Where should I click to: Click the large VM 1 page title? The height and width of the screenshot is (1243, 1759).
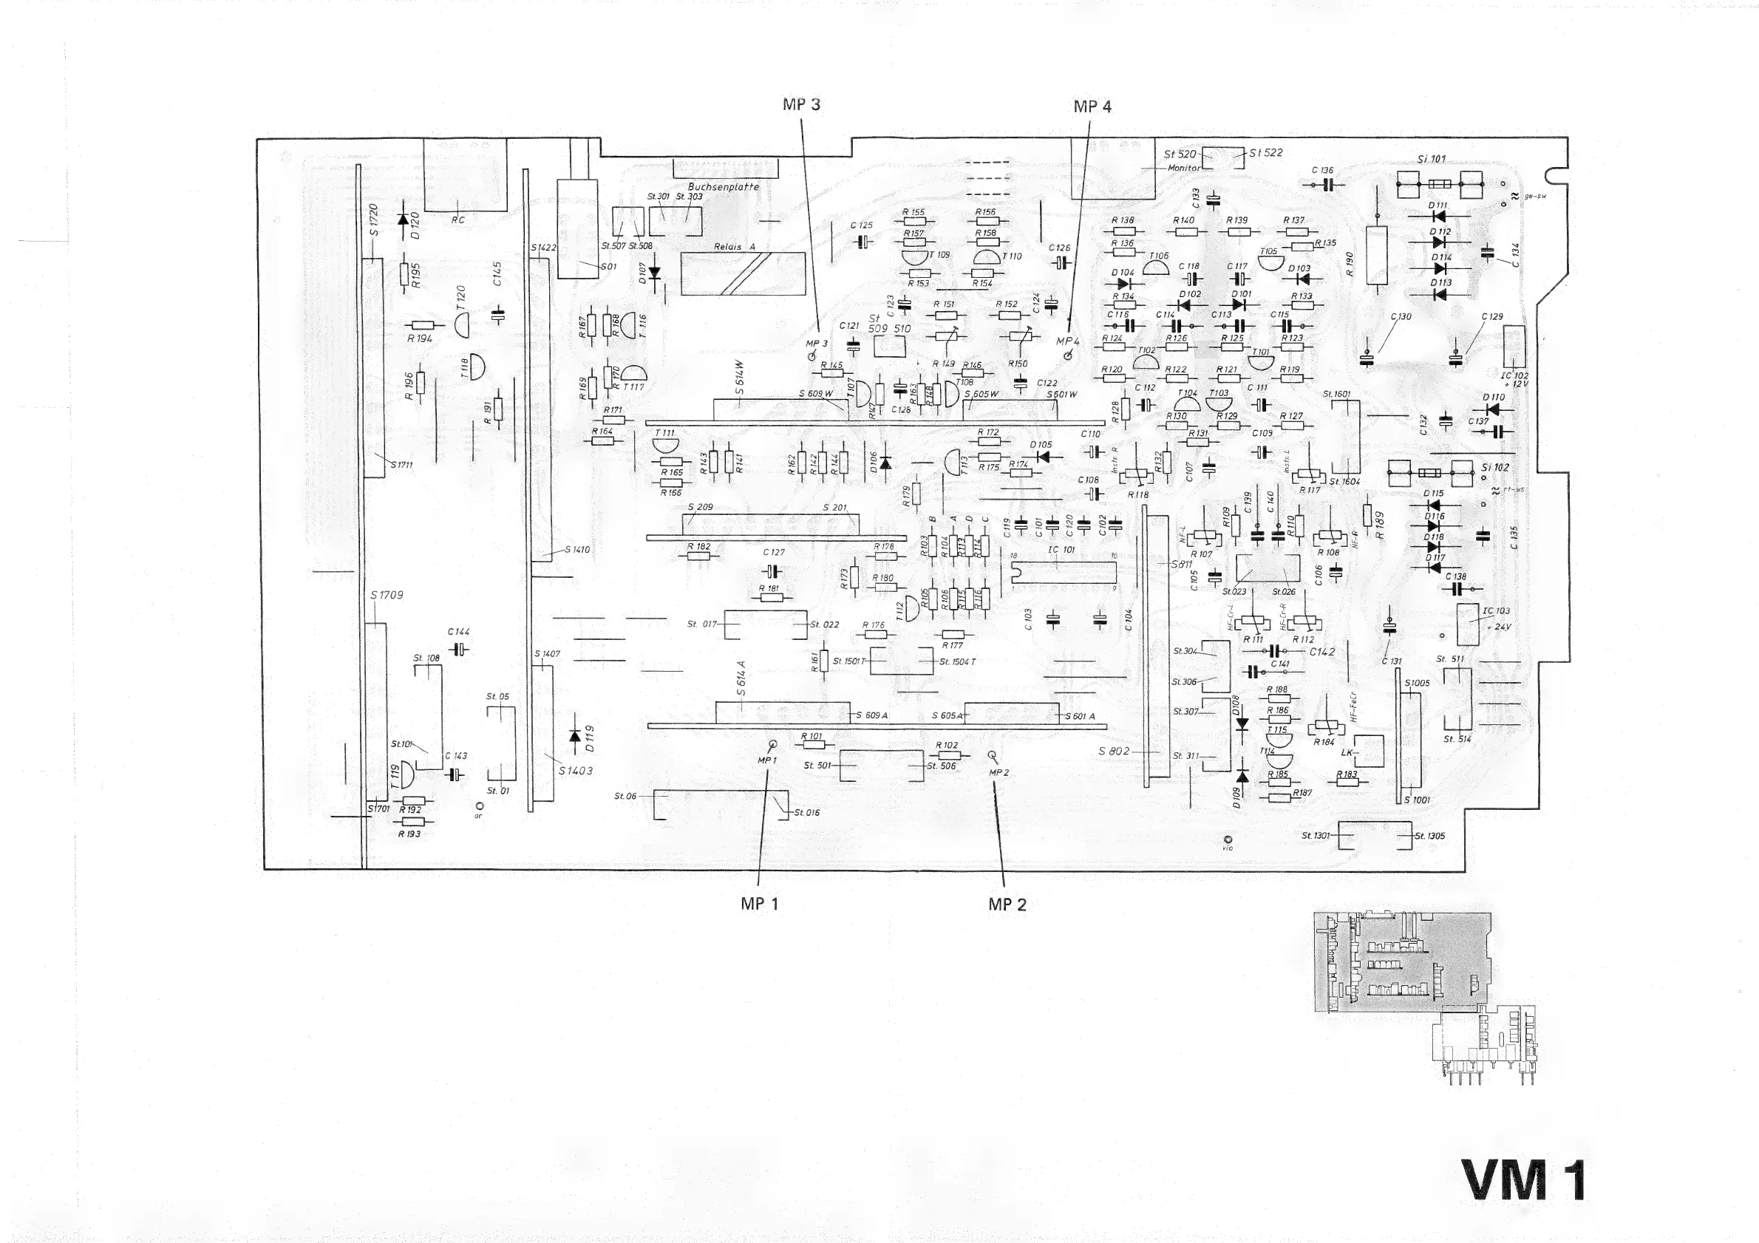coord(1523,1180)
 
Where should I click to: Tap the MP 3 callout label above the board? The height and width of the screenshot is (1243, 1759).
coord(801,105)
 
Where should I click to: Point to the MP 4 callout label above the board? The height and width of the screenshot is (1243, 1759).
coord(1092,106)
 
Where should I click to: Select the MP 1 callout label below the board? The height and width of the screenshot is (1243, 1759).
coord(759,904)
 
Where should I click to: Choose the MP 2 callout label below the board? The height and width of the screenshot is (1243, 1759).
coord(1007,905)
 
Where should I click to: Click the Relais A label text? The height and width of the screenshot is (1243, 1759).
coord(734,247)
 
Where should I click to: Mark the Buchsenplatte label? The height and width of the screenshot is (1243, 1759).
coord(724,186)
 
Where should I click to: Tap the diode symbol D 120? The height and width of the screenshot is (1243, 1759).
coord(403,219)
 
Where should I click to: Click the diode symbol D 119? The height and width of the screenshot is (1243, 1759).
coord(575,736)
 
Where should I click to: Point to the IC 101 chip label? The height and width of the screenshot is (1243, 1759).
coord(1061,550)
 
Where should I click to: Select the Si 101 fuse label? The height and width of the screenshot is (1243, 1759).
coord(1431,160)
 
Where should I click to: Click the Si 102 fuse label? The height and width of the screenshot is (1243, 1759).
coord(1494,467)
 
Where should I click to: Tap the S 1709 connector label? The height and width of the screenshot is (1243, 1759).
coord(386,595)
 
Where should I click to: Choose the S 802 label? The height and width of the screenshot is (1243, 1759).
coord(1114,752)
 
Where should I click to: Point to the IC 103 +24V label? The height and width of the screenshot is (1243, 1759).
coord(1496,618)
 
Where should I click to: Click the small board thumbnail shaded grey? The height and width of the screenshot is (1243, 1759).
coord(1403,962)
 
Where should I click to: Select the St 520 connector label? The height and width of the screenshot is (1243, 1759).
coord(1180,154)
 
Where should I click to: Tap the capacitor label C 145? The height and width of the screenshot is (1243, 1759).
coord(497,274)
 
